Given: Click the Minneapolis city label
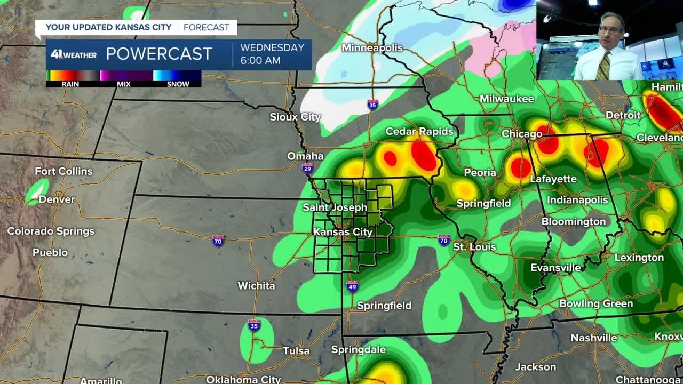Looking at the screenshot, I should (x=372, y=48).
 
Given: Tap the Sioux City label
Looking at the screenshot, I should (x=295, y=117).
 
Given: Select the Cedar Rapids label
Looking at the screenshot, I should (x=419, y=131).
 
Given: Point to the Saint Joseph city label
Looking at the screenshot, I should (x=335, y=207).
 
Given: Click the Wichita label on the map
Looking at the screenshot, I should (x=256, y=286).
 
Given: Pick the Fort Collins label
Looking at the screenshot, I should (x=63, y=171).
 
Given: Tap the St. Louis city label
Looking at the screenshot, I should (x=474, y=247).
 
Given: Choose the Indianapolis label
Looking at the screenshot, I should (x=577, y=200).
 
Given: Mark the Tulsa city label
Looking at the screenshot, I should (x=296, y=351).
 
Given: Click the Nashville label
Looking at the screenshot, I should (x=594, y=338).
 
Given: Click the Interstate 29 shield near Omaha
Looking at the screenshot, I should (x=308, y=169).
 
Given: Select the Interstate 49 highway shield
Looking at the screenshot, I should (x=352, y=286).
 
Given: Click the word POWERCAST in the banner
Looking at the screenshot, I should (x=159, y=54).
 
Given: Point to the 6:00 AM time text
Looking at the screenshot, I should (x=260, y=60).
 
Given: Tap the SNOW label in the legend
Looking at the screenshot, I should (x=178, y=84).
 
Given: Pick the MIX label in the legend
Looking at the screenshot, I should (x=123, y=84).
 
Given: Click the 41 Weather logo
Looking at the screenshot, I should (x=74, y=54).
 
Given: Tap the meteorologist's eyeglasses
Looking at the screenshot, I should (x=610, y=30).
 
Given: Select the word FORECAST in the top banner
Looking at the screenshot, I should (x=207, y=27).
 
